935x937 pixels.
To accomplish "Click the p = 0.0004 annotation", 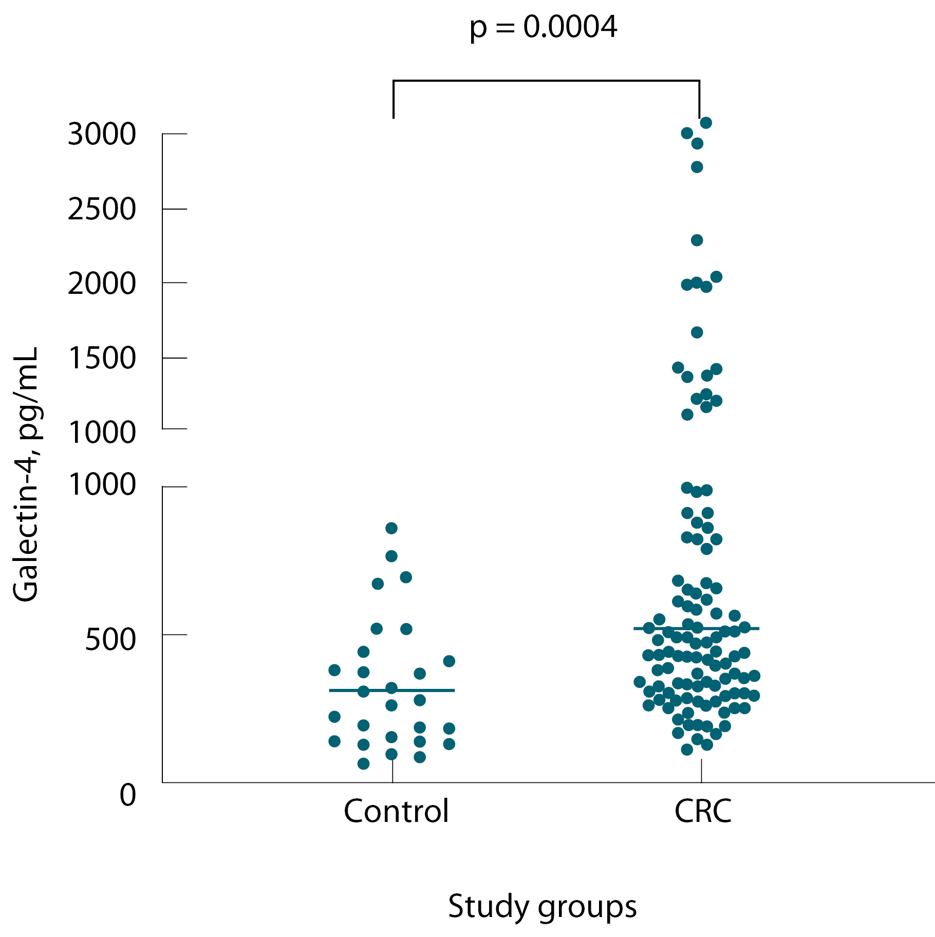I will pos(543,27).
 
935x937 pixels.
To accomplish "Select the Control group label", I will pos(396,811).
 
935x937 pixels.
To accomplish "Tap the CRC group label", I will pos(702,811).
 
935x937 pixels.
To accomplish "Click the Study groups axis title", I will pos(542,907).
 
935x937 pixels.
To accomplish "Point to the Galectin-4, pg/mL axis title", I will pos(26,474).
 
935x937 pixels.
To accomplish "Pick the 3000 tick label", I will pos(102,134).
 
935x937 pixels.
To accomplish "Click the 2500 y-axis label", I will pos(102,209).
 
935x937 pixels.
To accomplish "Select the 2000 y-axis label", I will pos(102,283).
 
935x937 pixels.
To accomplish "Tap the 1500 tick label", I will pos(102,358).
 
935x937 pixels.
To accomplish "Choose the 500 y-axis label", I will pos(110,640).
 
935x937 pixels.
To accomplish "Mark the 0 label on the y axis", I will pos(128,795).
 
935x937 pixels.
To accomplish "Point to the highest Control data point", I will pos(391,528).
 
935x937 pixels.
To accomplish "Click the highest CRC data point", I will pos(706,123).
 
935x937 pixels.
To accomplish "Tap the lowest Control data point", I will pos(363,764).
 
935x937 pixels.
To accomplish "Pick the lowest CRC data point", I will pos(687,749).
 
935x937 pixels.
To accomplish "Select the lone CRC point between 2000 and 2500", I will pos(697,240).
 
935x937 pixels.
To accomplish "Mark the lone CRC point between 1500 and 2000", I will pos(697,332).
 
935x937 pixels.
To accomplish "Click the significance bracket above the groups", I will pos(546,81).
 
